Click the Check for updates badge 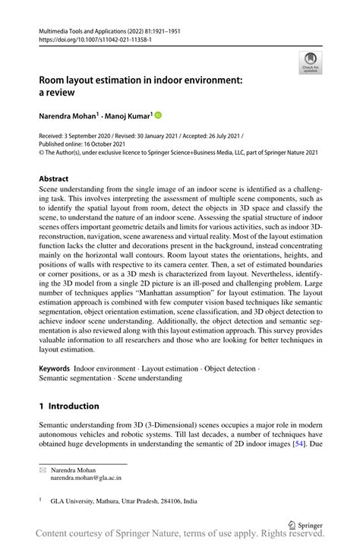(x=310, y=62)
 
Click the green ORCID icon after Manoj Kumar (x=158, y=115)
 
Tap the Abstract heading (x=58, y=179)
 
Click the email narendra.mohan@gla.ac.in (x=85, y=479)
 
